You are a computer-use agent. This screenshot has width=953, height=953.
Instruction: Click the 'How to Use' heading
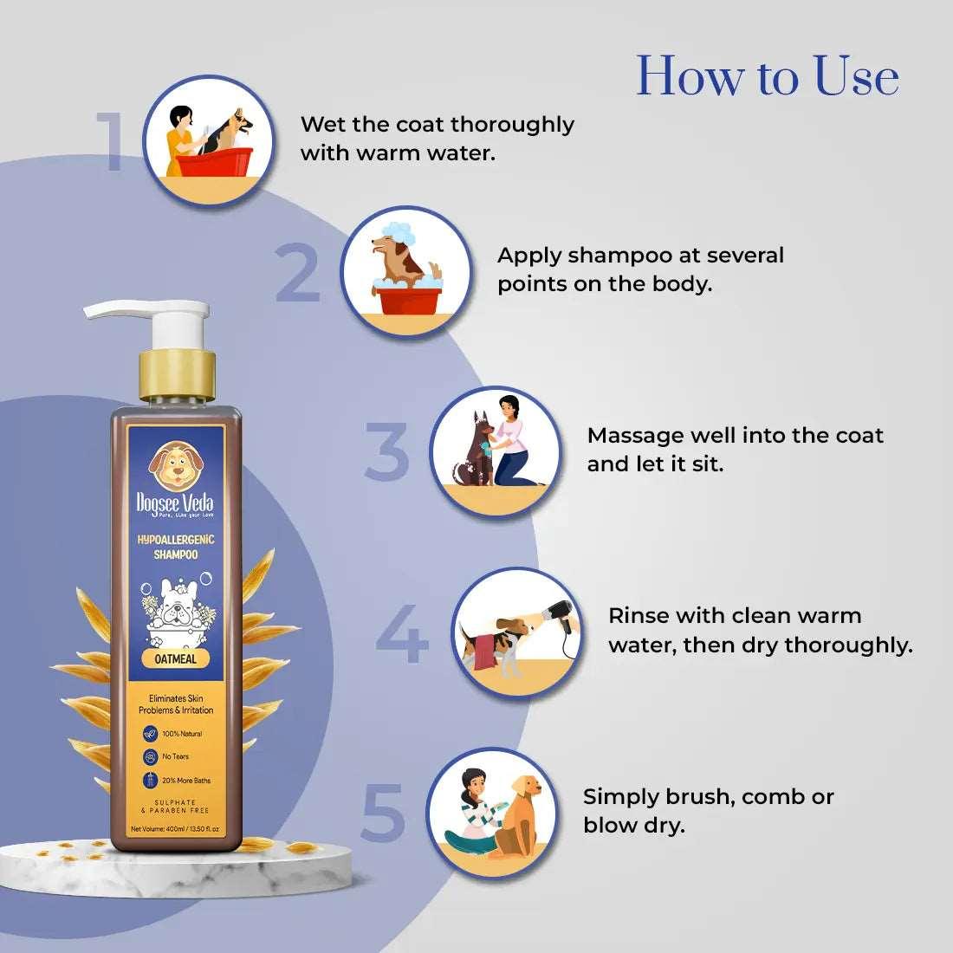point(768,76)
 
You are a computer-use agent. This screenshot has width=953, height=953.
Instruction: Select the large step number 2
point(299,273)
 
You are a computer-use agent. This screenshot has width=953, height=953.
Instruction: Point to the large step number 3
point(386,451)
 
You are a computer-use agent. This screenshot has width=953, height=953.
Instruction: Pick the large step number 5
point(384,813)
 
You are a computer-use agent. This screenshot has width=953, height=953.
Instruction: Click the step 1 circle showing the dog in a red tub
point(209,140)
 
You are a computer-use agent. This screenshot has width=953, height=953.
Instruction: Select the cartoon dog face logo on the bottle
point(175,465)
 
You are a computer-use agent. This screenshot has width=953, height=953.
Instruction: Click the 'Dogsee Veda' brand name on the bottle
point(175,503)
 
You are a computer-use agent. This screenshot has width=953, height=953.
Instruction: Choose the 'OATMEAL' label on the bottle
point(176,658)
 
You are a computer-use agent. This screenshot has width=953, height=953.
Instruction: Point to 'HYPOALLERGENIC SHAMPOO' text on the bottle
point(176,547)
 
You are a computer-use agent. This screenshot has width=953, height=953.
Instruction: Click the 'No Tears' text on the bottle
point(175,756)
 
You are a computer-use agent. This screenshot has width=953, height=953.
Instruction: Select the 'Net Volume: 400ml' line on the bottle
point(175,829)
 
